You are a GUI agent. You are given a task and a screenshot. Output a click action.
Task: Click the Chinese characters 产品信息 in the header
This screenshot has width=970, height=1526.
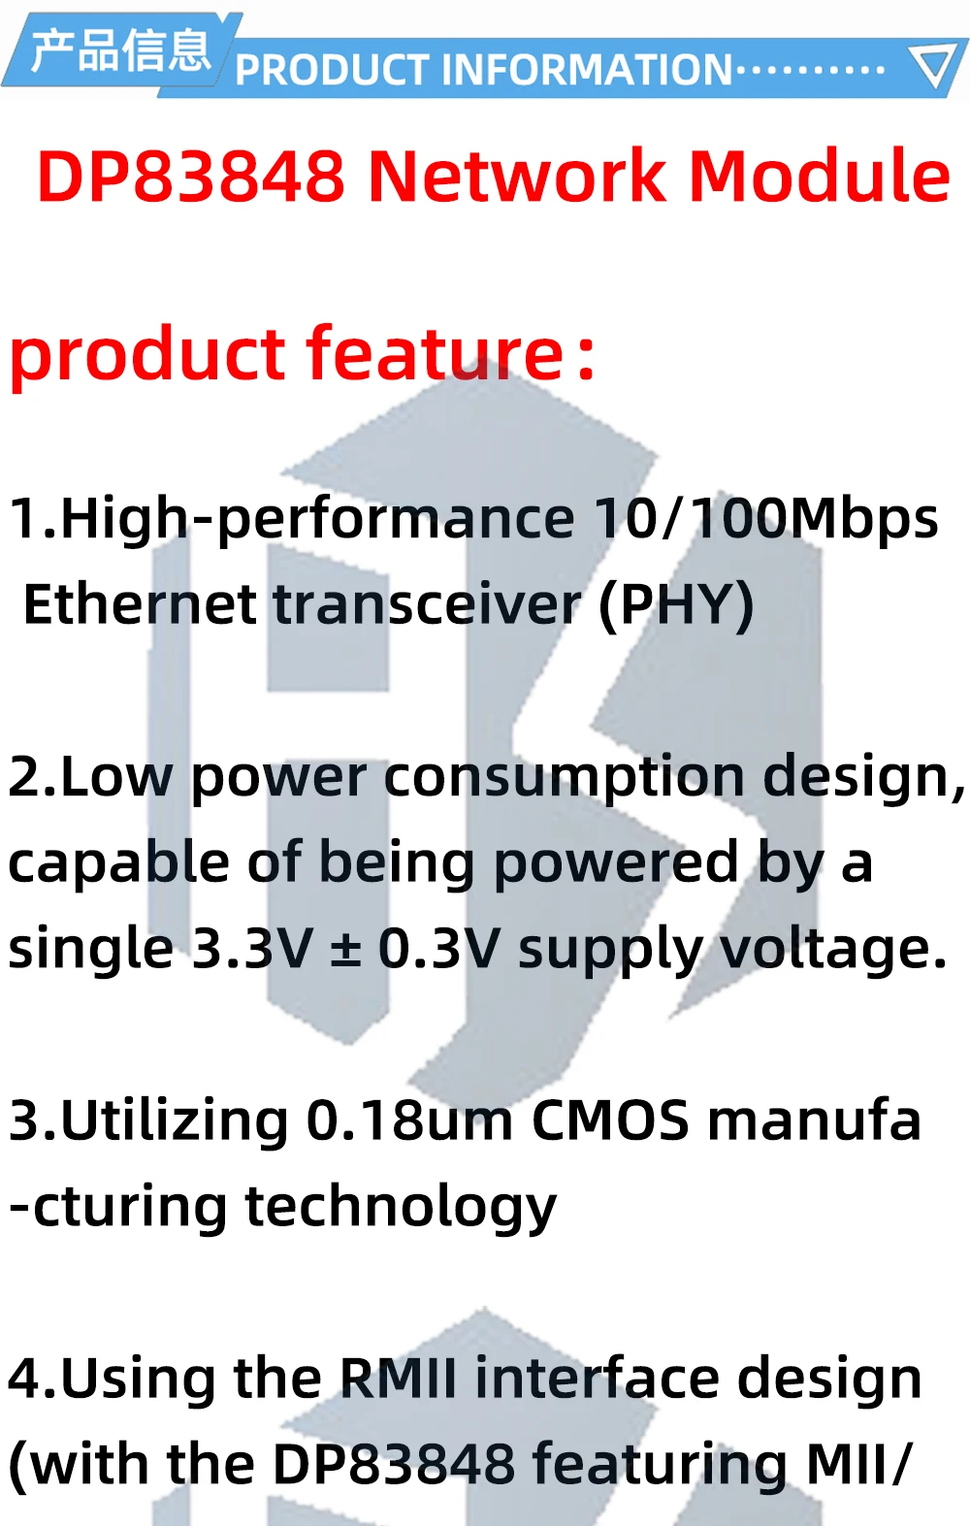click(x=120, y=51)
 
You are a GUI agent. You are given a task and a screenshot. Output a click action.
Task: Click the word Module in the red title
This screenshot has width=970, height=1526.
click(x=820, y=176)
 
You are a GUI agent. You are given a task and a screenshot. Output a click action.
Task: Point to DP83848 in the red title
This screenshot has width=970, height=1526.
click(x=191, y=176)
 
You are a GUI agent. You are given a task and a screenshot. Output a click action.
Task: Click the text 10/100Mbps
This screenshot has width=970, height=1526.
click(x=766, y=518)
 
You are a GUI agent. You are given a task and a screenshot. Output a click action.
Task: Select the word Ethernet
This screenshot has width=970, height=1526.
click(x=140, y=604)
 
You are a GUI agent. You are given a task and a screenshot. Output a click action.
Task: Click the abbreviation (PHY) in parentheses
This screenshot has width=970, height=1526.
click(x=676, y=605)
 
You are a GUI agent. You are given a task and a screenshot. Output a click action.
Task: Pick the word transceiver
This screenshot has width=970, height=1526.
click(x=428, y=604)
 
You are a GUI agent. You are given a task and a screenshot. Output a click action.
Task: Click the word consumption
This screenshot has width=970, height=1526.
click(x=565, y=778)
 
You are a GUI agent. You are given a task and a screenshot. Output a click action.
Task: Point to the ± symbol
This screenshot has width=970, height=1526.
click(x=345, y=951)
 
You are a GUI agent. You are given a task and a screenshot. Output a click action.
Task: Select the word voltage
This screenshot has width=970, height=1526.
click(x=834, y=950)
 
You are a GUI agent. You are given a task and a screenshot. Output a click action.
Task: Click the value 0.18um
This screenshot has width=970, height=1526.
click(x=409, y=1121)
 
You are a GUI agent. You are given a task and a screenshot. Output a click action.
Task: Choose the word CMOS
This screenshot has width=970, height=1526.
click(x=610, y=1121)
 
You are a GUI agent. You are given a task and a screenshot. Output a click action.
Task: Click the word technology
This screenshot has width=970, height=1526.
click(x=401, y=1209)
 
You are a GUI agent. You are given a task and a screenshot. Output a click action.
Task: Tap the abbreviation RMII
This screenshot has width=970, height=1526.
click(x=398, y=1379)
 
